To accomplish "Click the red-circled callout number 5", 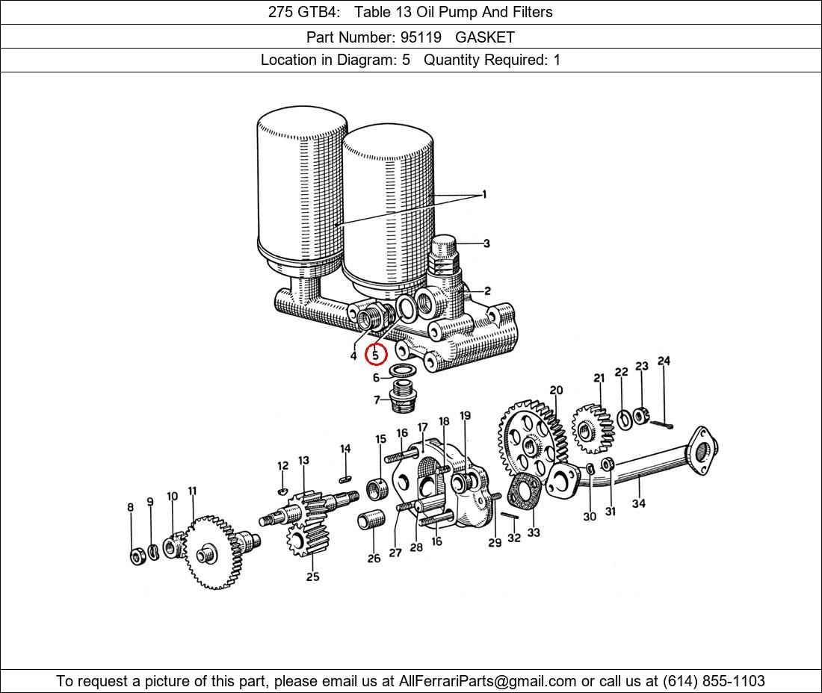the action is [375, 355].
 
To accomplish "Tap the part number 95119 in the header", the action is [421, 37].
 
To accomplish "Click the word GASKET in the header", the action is [485, 37].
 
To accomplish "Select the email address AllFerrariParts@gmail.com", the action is [487, 681].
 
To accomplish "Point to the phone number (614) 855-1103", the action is [714, 681].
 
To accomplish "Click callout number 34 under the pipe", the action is [638, 503].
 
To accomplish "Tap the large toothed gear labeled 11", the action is [214, 553].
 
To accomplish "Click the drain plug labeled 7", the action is [403, 397].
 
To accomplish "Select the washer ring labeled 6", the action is [403, 370].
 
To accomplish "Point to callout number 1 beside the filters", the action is [484, 194].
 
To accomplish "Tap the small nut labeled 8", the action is [137, 556].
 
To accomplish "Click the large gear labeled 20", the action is [531, 440].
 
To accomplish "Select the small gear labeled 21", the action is [593, 429].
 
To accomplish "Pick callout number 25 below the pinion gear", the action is [313, 577].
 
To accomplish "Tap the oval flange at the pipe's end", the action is [701, 450].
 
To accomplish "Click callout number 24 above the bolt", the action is [664, 361].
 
